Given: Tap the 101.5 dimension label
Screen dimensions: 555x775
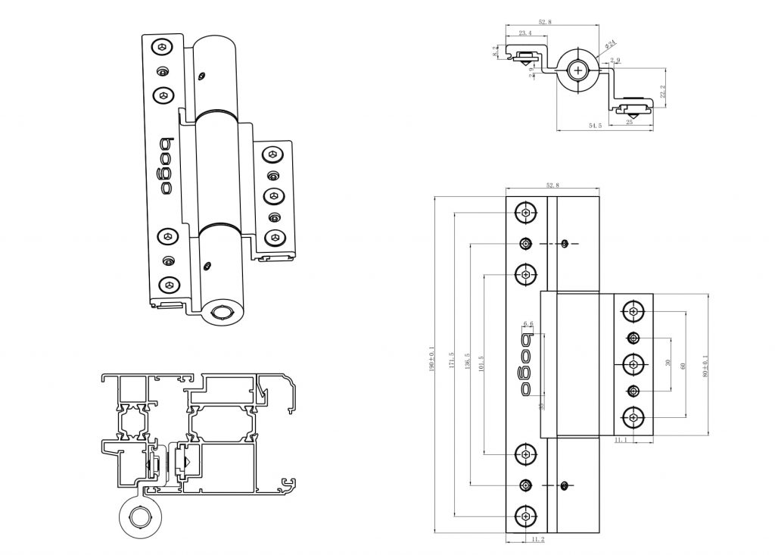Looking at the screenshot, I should point(482,363).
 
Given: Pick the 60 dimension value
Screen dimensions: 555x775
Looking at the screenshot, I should point(683,365).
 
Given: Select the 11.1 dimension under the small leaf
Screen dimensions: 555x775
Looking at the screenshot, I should point(621,439).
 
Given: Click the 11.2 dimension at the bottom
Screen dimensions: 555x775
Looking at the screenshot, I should point(538,539).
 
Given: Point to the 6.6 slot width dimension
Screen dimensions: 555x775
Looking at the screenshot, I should point(528,323).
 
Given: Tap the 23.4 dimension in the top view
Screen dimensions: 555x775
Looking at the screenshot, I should point(524,33).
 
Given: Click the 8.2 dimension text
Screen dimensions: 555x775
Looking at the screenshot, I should point(496,51).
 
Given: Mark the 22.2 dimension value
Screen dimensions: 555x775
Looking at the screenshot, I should point(663,91).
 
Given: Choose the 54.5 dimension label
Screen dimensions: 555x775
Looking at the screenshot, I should point(595,126).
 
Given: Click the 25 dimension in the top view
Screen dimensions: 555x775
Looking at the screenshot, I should point(629,121).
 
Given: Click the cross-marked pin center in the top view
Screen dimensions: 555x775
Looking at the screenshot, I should point(579,70).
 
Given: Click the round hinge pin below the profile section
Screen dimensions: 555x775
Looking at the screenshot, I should point(140,518).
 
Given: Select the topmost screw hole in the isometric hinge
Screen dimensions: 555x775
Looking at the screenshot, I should point(162,48).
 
